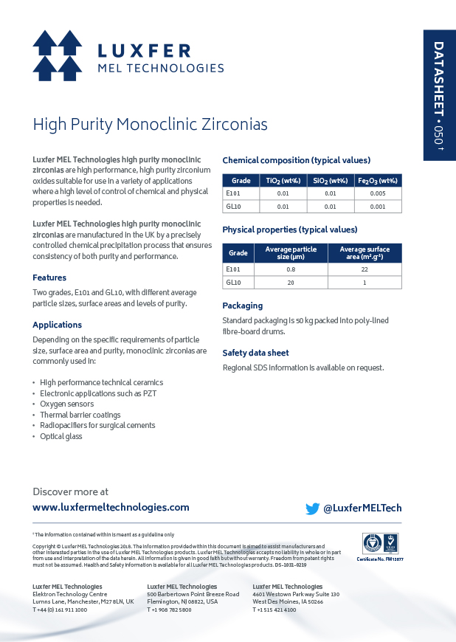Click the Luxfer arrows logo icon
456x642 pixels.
(58, 55)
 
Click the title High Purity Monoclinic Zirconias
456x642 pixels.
(150, 124)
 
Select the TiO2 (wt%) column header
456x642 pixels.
(277, 181)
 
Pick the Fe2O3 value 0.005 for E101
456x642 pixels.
(378, 193)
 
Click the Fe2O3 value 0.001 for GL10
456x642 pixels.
(378, 207)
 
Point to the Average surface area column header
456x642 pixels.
(365, 253)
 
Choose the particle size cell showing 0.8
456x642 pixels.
(290, 269)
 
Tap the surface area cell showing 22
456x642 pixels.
(365, 269)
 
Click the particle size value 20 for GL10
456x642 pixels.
(290, 283)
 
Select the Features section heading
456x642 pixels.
(49, 277)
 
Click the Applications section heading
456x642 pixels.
(57, 325)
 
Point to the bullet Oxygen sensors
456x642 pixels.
(66, 404)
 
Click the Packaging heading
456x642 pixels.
(242, 306)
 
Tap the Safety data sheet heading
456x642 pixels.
(255, 353)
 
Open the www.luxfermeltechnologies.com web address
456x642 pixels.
(111, 508)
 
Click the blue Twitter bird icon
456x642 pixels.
(313, 508)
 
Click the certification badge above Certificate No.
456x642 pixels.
(380, 544)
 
